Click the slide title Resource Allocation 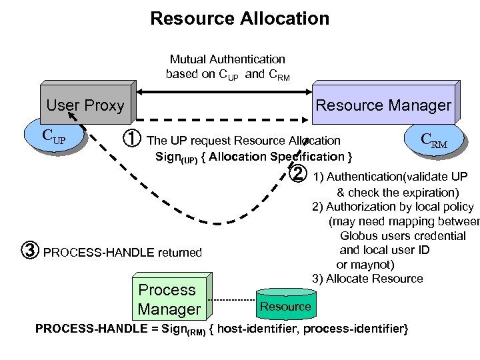click(239, 18)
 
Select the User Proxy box click(85, 105)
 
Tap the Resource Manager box click(383, 105)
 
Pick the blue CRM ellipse click(433, 141)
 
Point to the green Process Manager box click(169, 299)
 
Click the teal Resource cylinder click(285, 306)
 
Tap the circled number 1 click(132, 140)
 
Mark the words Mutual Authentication click(227, 59)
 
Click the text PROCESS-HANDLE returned click(122, 253)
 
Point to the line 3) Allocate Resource click(367, 279)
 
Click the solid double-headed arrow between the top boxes click(220, 89)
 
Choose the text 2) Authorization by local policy click(392, 207)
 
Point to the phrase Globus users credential click(403, 236)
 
